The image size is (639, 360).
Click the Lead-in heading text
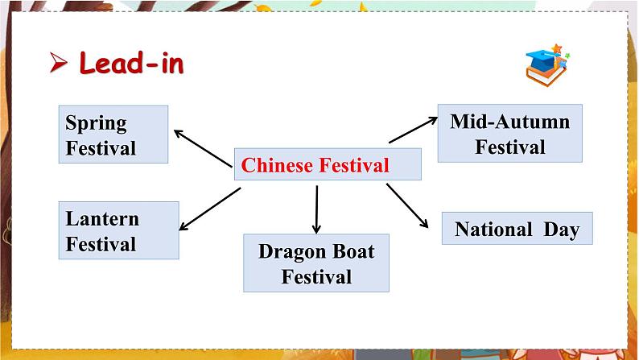131,64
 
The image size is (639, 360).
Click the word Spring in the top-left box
96,123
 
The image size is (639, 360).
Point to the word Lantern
102,218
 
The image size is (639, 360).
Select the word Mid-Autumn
509,122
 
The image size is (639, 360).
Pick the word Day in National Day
561,230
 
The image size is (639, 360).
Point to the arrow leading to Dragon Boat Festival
316,209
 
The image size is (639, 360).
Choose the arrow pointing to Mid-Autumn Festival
413,130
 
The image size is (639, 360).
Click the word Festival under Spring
101,148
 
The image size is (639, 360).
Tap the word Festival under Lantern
101,243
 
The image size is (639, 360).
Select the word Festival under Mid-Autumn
509,147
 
